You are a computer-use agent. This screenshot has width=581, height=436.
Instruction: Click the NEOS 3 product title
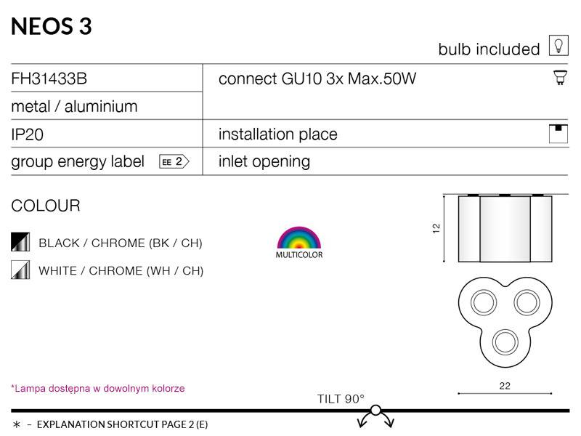(52, 27)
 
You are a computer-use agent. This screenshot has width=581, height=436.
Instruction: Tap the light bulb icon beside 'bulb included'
(558, 46)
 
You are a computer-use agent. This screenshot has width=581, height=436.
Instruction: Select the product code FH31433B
(49, 78)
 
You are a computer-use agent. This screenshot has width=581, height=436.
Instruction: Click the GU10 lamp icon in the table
(560, 78)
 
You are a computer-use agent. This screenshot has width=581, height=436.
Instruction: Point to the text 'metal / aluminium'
(74, 106)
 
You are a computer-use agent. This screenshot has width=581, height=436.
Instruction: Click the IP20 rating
(27, 134)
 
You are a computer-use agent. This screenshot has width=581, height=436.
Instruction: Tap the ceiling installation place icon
(558, 134)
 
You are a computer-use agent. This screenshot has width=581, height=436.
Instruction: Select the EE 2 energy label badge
(174, 161)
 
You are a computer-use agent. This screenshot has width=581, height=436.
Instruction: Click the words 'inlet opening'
(264, 161)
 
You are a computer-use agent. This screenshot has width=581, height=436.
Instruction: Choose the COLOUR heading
(46, 206)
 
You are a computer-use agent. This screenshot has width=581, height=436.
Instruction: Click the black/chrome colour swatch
(20, 242)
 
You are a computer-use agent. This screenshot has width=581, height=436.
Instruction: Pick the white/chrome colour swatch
(20, 270)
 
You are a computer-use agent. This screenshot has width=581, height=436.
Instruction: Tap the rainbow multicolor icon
(299, 238)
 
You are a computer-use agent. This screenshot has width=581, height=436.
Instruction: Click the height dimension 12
(436, 228)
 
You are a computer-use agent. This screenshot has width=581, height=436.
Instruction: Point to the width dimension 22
(505, 386)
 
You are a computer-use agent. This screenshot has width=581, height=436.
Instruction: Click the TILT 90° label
(341, 399)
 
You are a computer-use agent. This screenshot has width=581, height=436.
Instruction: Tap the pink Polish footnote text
(98, 389)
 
